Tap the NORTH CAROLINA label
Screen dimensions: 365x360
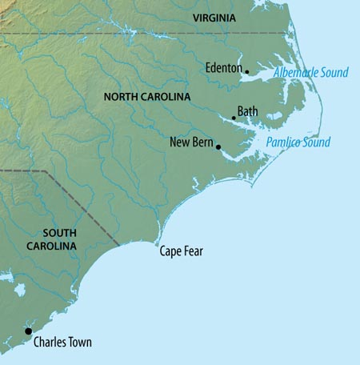tap(147, 97)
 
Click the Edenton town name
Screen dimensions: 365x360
tap(223, 68)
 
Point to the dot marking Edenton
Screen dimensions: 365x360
tap(246, 72)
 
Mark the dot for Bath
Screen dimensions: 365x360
tap(234, 118)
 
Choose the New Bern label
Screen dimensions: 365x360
tap(190, 142)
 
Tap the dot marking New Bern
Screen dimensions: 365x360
tap(218, 147)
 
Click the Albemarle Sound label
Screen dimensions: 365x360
tap(311, 73)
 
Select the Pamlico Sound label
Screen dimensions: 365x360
tap(297, 142)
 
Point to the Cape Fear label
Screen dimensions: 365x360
tap(182, 251)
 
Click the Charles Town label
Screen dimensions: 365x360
tap(62, 343)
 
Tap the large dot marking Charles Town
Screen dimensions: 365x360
tap(28, 331)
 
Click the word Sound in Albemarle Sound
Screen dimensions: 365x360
tap(334, 73)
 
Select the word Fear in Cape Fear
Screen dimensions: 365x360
tap(193, 251)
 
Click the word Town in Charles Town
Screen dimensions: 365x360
tap(79, 343)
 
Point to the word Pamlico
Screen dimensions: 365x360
tap(283, 142)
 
